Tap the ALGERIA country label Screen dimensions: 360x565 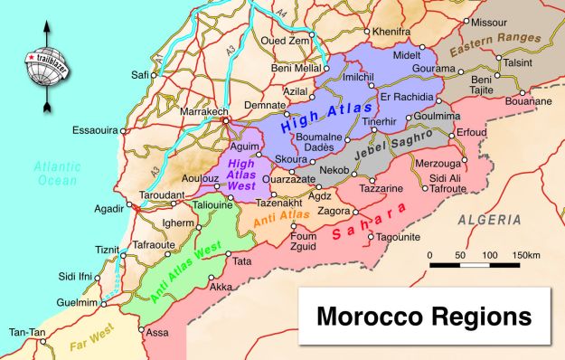click(x=489, y=220)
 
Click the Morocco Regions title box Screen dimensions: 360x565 click(x=423, y=318)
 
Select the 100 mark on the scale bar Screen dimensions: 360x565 click(x=488, y=255)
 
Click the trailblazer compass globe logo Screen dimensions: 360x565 click(x=42, y=65)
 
